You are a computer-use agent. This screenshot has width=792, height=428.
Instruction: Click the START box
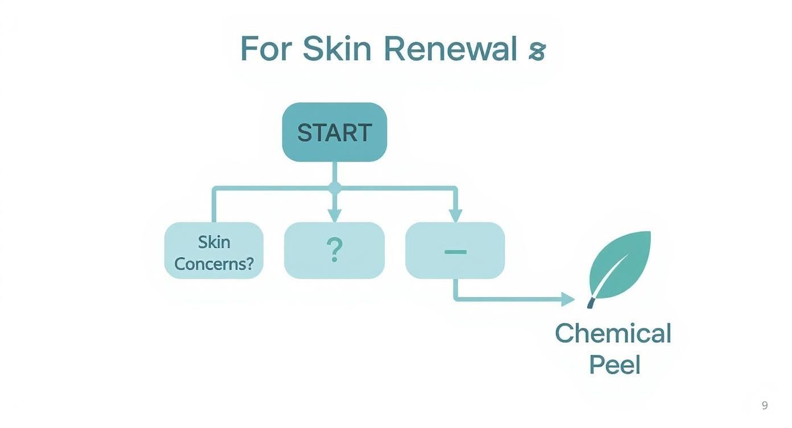pos(335,132)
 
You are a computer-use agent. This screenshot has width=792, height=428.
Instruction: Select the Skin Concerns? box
pos(214,250)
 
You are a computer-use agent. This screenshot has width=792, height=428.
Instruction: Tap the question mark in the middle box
pos(335,250)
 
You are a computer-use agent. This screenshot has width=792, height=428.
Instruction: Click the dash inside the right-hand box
pos(455,251)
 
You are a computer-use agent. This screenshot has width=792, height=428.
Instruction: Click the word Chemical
pos(613,334)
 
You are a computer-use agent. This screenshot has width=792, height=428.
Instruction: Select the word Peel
pos(614,364)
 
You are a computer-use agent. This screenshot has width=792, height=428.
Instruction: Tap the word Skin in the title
pos(336,49)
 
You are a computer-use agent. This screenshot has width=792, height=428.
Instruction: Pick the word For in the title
pos(266,49)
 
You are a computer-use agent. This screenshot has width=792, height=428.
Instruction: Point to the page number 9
pos(765,405)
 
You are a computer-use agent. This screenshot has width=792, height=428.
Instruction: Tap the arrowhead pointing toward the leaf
pos(568,299)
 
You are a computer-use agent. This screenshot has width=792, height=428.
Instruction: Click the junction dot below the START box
pos(335,187)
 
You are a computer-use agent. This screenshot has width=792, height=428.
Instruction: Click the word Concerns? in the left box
pos(214,264)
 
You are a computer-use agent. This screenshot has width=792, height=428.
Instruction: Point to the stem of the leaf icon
pos(591,303)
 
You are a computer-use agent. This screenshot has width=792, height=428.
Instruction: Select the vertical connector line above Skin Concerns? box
pos(214,205)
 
